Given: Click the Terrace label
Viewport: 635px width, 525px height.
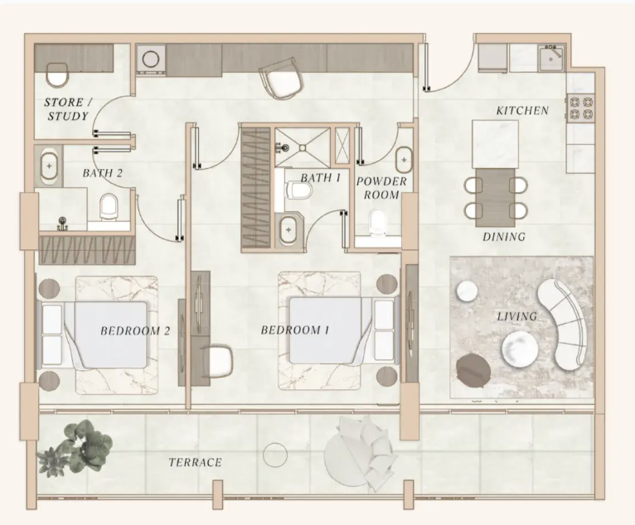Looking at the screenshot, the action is point(195,462).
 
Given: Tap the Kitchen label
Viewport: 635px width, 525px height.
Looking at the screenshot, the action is point(523,110).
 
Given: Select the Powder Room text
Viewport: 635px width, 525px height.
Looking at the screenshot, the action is point(381,188).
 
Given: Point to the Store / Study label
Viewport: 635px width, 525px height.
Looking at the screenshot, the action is point(68,109).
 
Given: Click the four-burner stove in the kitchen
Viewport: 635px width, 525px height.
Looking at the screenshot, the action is point(580,108).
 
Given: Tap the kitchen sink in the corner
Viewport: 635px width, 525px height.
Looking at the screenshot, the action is point(551,58).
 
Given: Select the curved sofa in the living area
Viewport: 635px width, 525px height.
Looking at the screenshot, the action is point(562,324).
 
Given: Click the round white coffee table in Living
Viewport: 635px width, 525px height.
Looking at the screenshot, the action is point(520,349).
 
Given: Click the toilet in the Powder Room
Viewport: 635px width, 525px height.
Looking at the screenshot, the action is point(377,222).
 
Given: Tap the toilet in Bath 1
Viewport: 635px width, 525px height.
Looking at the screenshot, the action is point(299,190).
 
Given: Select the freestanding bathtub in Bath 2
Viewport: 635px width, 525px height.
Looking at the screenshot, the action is point(51,166).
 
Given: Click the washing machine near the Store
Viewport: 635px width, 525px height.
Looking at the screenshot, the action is point(151,59).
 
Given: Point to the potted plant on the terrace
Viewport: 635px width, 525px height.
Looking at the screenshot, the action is point(75,447).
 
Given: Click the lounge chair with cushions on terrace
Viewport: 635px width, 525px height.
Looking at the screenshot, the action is point(358,453).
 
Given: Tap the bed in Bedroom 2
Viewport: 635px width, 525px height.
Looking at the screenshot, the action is point(97,335).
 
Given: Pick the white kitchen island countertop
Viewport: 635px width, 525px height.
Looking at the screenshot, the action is point(495,144).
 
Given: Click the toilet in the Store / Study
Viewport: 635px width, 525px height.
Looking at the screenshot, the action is point(57,75).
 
